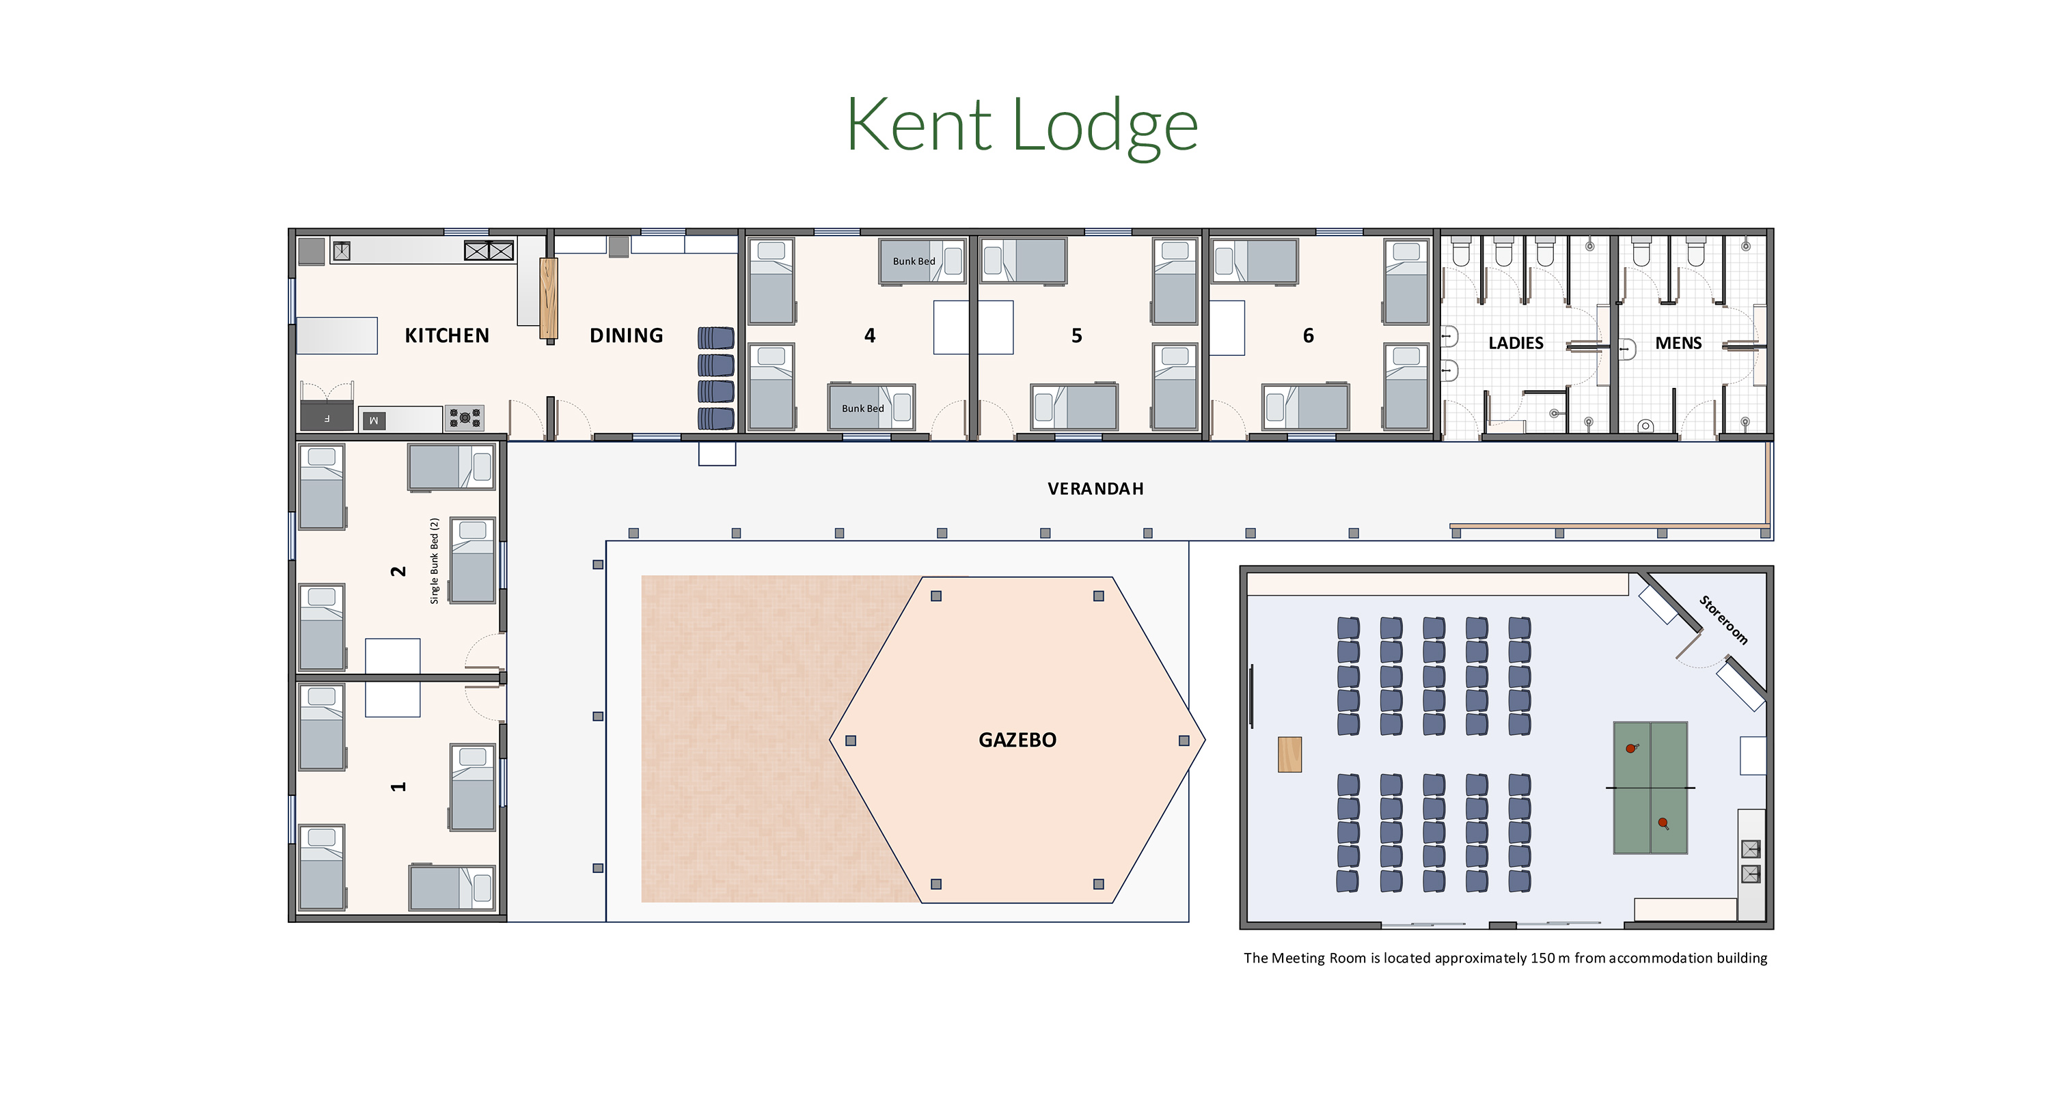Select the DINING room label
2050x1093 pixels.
627,335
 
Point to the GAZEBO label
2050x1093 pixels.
1017,740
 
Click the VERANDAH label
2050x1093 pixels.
1095,488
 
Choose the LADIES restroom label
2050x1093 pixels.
1515,343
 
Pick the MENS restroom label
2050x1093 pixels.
1678,343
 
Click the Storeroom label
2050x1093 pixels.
1724,620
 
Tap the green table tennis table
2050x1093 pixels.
1650,788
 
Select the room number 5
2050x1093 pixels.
1077,335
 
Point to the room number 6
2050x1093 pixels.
1309,335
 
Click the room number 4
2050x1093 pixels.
870,335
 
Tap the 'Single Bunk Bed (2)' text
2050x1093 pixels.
435,561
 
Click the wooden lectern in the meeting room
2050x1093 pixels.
1289,754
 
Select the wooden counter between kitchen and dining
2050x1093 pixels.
548,299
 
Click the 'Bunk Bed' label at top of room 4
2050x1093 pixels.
914,261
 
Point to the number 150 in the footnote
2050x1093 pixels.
1542,958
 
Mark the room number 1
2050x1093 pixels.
398,787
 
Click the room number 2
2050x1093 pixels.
398,571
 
